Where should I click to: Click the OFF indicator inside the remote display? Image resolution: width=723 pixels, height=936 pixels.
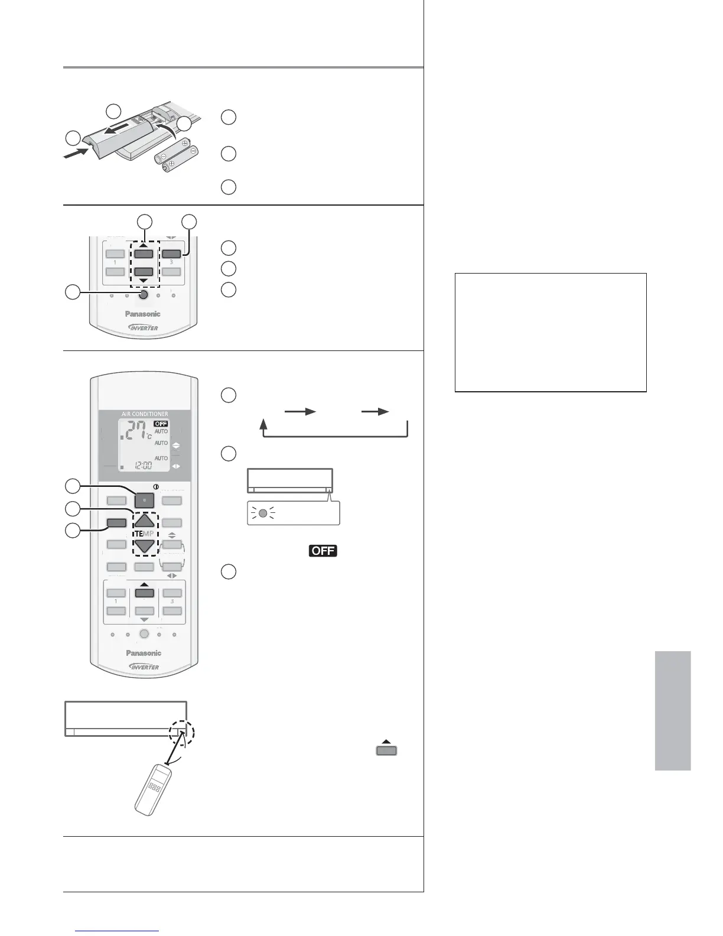tap(161, 424)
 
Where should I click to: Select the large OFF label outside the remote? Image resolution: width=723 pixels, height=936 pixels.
tap(321, 551)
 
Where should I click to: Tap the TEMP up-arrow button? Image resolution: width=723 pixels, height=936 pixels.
tap(145, 521)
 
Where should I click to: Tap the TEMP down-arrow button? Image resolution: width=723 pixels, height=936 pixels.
tap(145, 547)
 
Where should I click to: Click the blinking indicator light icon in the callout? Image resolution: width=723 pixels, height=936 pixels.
tap(263, 512)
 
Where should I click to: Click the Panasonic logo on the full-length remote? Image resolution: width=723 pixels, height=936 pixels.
tap(144, 653)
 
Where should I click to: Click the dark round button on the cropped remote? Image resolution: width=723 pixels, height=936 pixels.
tap(144, 295)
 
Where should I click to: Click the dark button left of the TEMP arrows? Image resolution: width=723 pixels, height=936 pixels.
tap(116, 522)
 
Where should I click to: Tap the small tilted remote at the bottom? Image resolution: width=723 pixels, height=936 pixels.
tap(156, 789)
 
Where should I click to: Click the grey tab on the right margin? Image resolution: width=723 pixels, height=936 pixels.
tap(672, 711)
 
